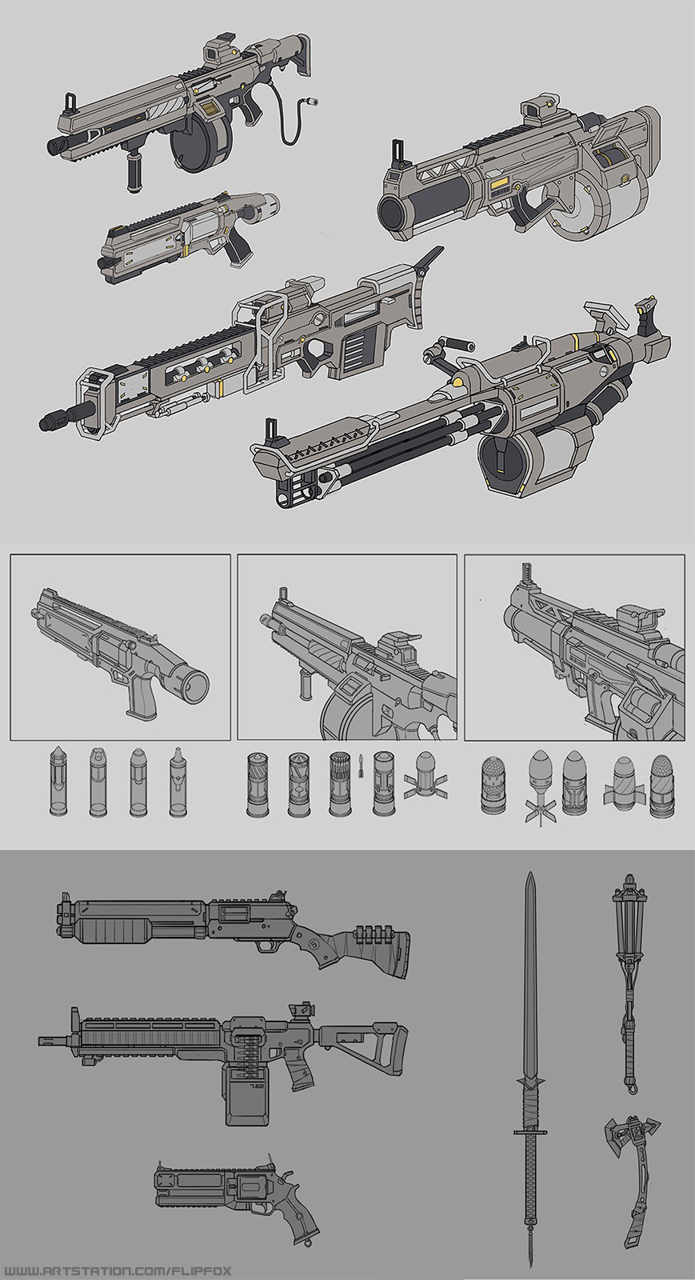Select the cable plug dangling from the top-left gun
click(304, 102)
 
